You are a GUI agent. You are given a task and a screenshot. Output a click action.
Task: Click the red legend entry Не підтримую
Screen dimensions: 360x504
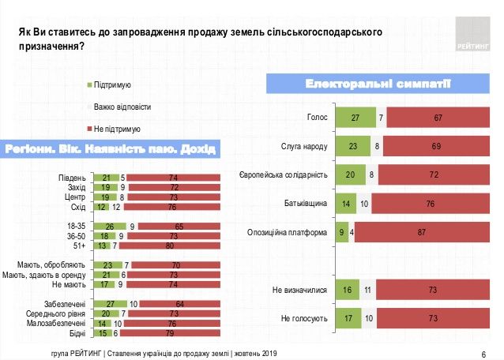tap(111, 128)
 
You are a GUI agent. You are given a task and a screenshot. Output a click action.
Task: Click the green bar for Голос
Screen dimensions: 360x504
tap(355, 118)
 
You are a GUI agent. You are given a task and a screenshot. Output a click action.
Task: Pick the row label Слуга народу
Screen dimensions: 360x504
tap(304, 146)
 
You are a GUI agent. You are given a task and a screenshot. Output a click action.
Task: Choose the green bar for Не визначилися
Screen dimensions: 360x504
tap(348, 291)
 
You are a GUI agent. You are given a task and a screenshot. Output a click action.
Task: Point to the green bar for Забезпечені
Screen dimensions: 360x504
tap(110, 305)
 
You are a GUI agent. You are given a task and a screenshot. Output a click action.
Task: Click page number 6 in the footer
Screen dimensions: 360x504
tap(483, 352)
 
